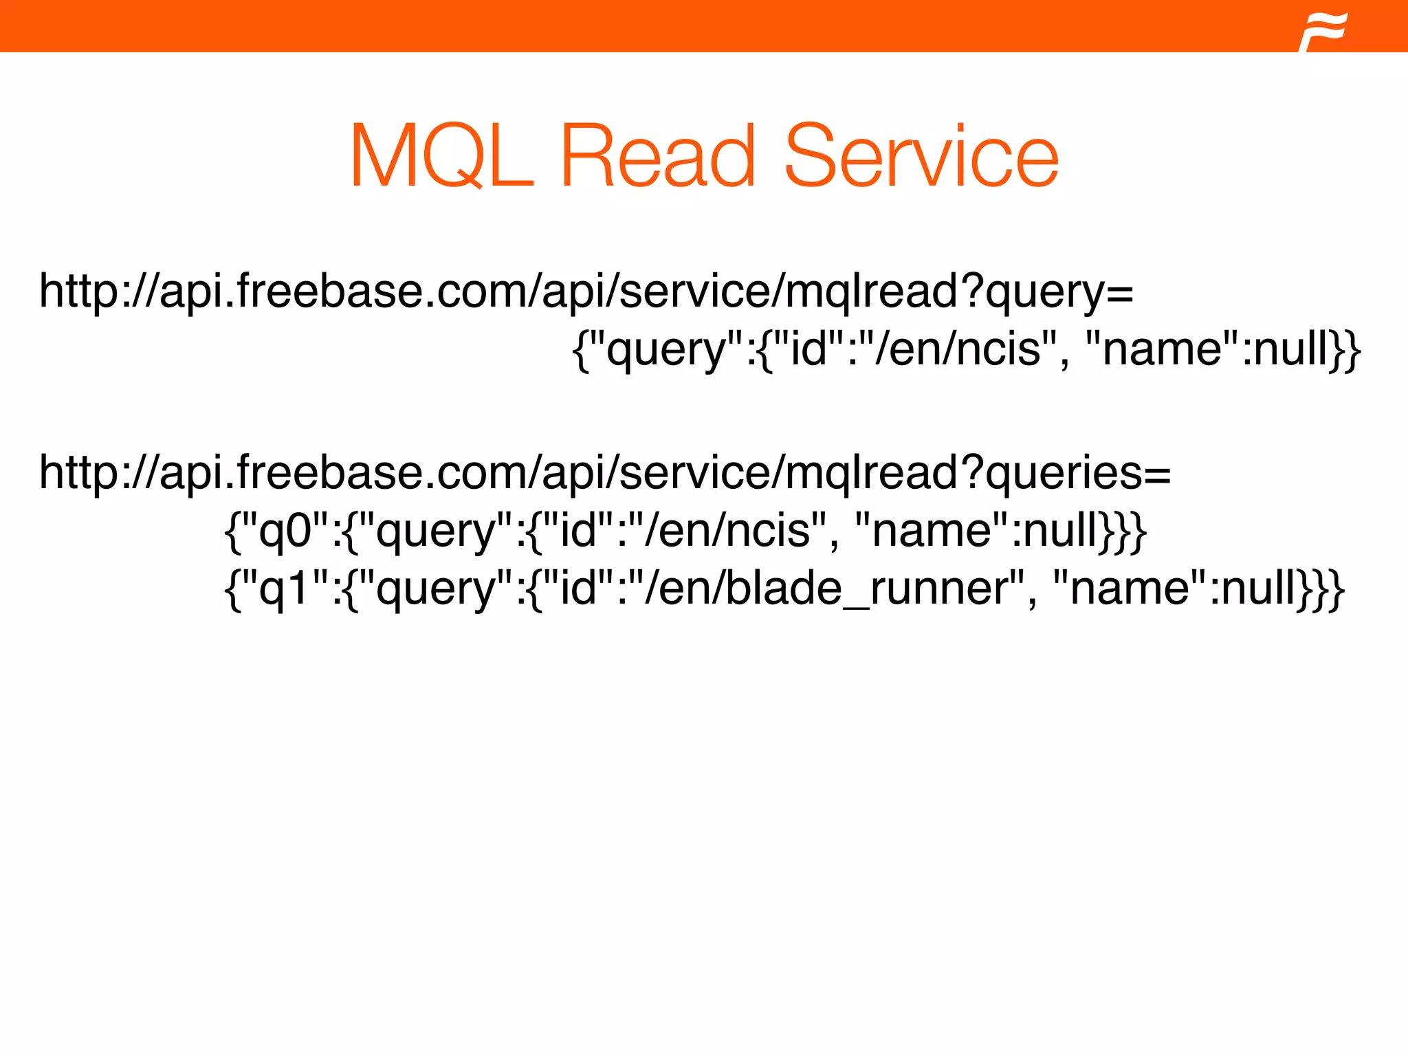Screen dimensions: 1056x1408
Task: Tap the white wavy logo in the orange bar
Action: pyautogui.click(x=1323, y=30)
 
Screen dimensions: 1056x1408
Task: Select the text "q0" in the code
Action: pyautogui.click(x=285, y=532)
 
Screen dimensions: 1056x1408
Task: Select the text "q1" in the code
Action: pyautogui.click(x=285, y=590)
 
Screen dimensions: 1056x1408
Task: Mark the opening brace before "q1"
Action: pyautogui.click(x=232, y=590)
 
